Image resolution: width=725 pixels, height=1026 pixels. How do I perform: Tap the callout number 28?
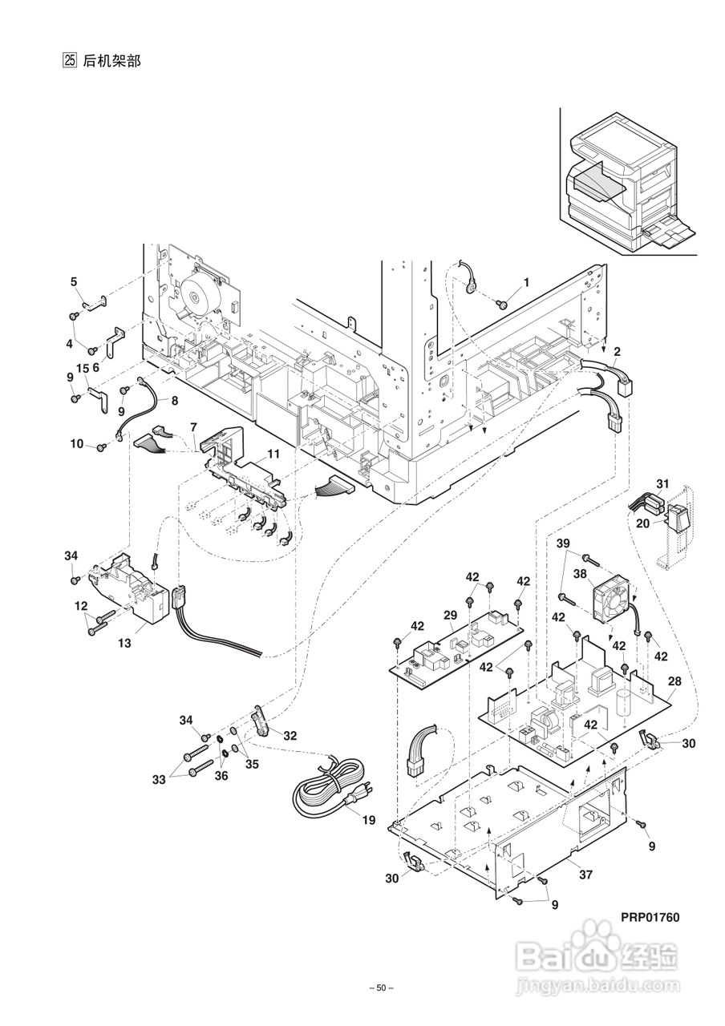pyautogui.click(x=674, y=681)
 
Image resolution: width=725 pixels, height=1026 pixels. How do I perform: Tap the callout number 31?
pyautogui.click(x=662, y=483)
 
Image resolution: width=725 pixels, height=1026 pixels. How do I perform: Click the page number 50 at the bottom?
pyautogui.click(x=381, y=988)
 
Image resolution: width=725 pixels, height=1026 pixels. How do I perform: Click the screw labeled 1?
pyautogui.click(x=502, y=304)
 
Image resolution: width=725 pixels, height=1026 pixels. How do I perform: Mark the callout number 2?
pyautogui.click(x=616, y=351)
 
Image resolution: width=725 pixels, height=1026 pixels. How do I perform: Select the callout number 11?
pyautogui.click(x=273, y=454)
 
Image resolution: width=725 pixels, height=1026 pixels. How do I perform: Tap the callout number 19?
pyautogui.click(x=368, y=820)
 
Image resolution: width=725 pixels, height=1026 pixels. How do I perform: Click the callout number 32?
pyautogui.click(x=290, y=735)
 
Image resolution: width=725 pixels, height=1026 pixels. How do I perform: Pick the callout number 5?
pyautogui.click(x=74, y=281)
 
